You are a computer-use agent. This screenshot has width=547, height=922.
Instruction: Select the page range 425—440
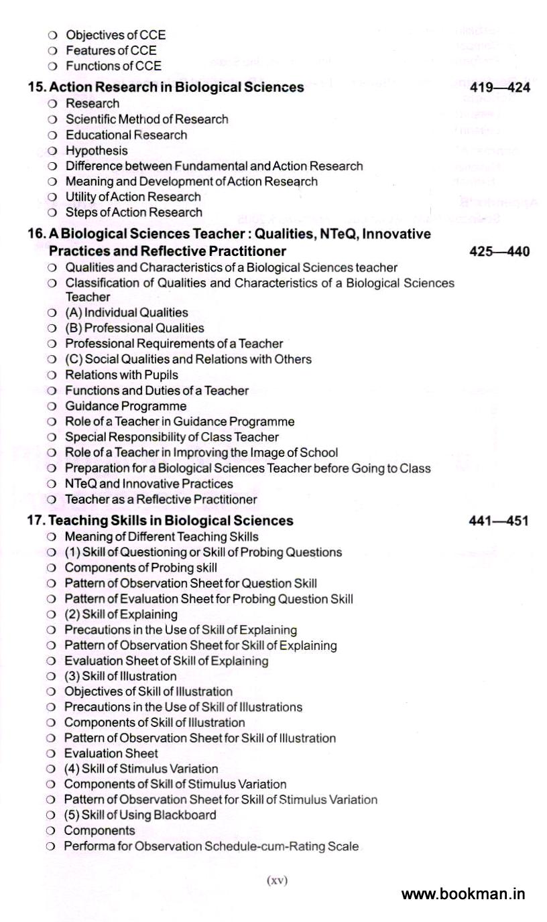click(499, 252)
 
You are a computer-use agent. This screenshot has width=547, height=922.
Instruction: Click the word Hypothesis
click(97, 151)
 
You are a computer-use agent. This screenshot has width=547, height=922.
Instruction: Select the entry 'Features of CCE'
click(111, 50)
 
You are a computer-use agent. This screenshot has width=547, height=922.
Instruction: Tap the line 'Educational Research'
click(127, 135)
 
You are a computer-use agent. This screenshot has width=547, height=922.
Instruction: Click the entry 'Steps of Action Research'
click(134, 212)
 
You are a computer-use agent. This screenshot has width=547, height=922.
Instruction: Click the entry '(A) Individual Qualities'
click(127, 312)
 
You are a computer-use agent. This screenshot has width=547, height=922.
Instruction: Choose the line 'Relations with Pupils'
click(122, 375)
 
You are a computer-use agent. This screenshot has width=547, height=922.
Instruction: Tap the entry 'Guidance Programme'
click(126, 406)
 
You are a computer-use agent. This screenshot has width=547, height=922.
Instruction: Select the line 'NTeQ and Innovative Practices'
click(149, 484)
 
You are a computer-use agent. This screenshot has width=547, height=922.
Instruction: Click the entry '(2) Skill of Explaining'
click(121, 614)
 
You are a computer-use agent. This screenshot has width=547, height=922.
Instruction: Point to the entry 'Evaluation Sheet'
click(111, 753)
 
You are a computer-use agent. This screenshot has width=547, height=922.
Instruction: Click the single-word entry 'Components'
click(99, 831)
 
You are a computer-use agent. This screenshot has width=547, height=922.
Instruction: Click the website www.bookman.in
click(463, 894)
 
